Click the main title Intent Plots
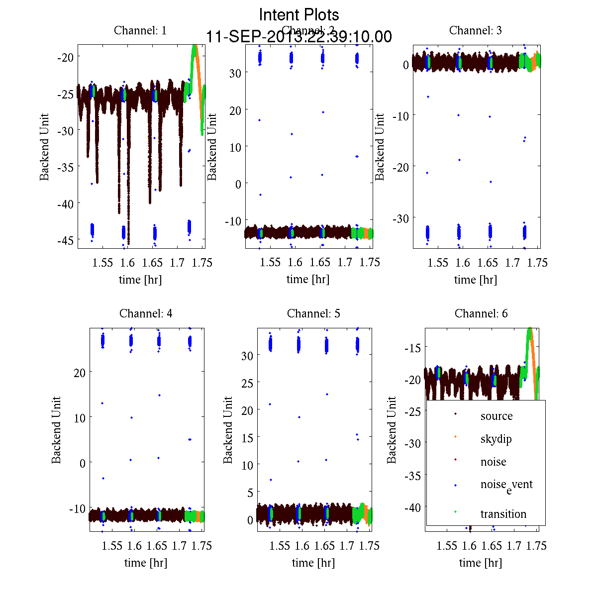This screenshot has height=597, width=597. pyautogui.click(x=299, y=14)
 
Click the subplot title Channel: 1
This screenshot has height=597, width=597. pyautogui.click(x=140, y=30)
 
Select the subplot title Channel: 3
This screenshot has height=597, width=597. pyautogui.click(x=475, y=30)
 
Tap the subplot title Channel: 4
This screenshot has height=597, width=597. pyautogui.click(x=146, y=313)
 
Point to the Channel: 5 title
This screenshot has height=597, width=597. pyautogui.click(x=313, y=313)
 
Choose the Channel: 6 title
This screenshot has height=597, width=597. pyautogui.click(x=481, y=313)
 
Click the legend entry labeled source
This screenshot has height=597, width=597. pyautogui.click(x=496, y=416)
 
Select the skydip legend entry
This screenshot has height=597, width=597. pyautogui.click(x=496, y=439)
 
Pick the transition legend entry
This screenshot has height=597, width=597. pyautogui.click(x=503, y=514)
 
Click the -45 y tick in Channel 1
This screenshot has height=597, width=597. pyautogui.click(x=65, y=240)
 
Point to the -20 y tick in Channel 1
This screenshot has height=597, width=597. pyautogui.click(x=65, y=57)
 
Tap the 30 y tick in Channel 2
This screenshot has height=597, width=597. pyautogui.click(x=235, y=73)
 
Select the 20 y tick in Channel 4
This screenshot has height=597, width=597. pyautogui.click(x=79, y=372)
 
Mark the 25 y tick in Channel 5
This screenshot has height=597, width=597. pyautogui.click(x=247, y=383)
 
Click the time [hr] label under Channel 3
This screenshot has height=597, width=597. pyautogui.click(x=475, y=280)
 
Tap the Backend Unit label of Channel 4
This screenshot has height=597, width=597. pyautogui.click(x=56, y=430)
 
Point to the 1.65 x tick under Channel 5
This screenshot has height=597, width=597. pyautogui.click(x=324, y=546)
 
